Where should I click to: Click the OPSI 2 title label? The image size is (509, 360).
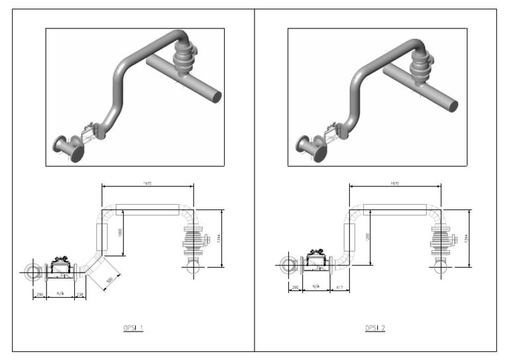pos(374,328)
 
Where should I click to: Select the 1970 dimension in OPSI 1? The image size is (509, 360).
pos(147,182)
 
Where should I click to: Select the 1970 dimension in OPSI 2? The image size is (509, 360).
pos(395,182)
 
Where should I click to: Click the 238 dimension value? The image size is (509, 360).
pos(80,294)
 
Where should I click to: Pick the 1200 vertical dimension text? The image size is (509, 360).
pos(367,237)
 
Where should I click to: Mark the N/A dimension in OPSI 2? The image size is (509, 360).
pos(315,287)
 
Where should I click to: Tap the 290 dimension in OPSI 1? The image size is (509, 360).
pos(39,294)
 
